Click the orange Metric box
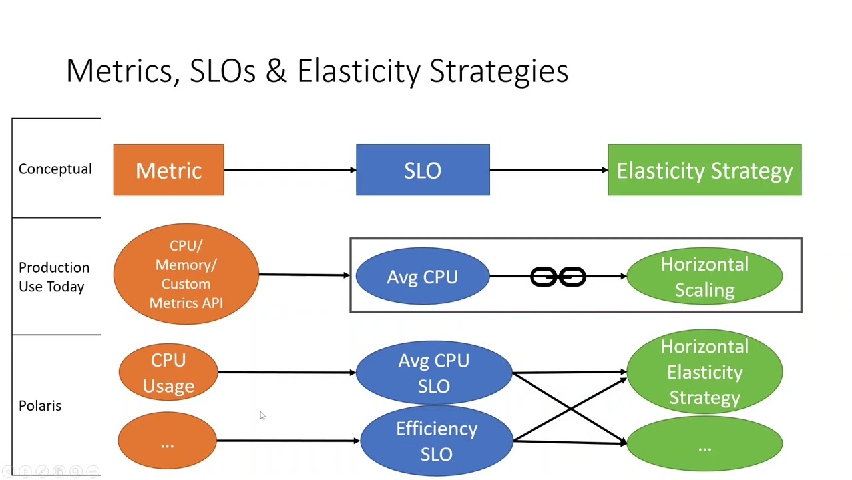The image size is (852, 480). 168,170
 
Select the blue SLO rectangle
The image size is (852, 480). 423,170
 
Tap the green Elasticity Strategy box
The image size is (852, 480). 704,170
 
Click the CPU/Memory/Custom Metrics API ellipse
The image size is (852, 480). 186,274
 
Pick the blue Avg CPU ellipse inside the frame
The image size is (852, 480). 422,276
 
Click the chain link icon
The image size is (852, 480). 558,277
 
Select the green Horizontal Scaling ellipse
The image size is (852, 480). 704,277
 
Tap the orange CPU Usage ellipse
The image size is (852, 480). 168,373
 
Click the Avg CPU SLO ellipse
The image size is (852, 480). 433,373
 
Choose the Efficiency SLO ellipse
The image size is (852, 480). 436,441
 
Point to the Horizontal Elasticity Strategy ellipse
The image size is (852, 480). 704,372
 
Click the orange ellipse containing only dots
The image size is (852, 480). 167,441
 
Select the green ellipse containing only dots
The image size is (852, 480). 704,445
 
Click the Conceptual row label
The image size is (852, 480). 55,169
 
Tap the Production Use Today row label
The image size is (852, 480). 53,277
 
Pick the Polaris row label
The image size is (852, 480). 40,405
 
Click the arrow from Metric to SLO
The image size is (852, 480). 290,170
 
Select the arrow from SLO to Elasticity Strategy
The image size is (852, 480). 548,170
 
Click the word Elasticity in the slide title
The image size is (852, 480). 358,71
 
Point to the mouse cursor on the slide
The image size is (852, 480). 262,415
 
